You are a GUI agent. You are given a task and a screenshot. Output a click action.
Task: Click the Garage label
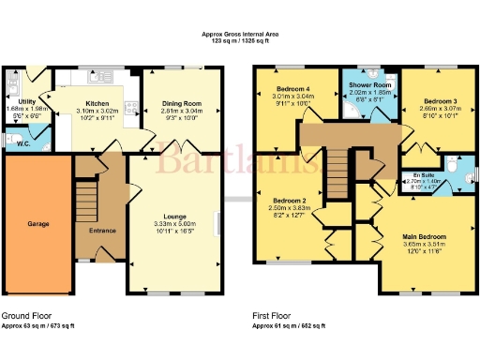click(x=37, y=224)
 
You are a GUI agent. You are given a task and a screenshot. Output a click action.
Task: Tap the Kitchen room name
click(x=97, y=104)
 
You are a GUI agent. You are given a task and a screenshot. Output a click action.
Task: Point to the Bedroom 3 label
click(x=439, y=99)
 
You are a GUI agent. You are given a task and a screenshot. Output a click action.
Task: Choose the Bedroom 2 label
click(x=292, y=200)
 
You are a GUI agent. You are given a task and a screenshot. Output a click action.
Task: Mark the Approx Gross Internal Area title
click(x=241, y=35)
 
